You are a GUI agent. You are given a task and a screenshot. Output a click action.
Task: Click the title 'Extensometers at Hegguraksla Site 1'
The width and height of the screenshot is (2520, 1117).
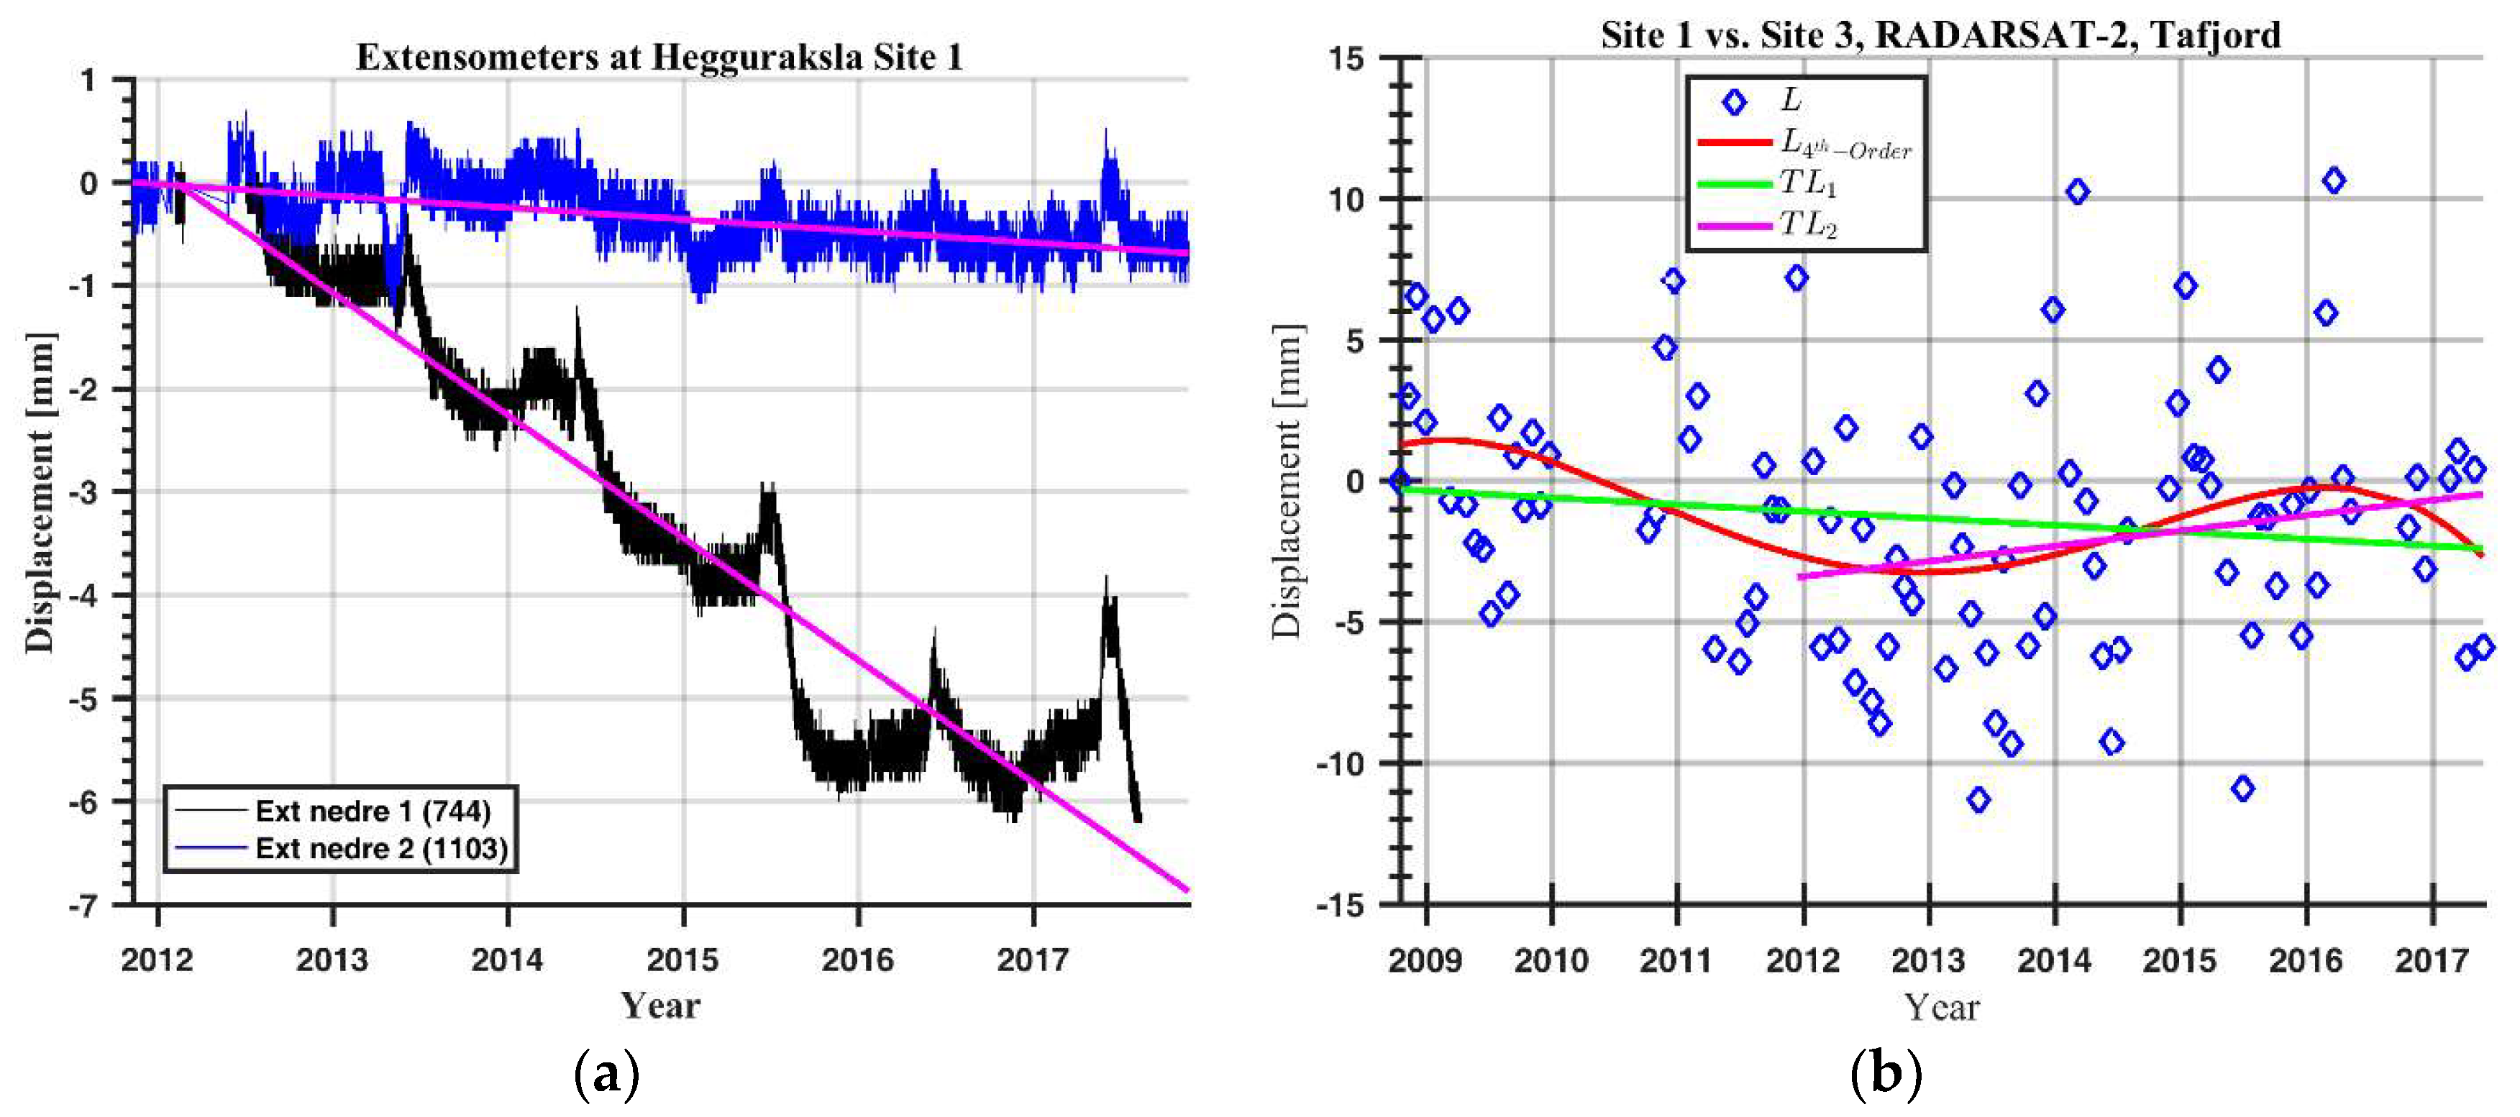click(x=658, y=57)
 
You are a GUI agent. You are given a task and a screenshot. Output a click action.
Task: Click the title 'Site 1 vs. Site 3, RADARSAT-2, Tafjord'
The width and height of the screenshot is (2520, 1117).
click(x=1940, y=35)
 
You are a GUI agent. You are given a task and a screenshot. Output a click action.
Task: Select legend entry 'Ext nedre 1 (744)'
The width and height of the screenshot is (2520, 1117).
click(x=373, y=811)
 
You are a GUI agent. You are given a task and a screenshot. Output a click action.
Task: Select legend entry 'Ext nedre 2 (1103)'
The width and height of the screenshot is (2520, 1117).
click(x=381, y=848)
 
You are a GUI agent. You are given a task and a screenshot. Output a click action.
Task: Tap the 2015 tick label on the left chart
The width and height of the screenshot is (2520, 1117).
click(x=682, y=960)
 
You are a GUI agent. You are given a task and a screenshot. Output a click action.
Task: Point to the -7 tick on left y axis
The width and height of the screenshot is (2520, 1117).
click(x=83, y=905)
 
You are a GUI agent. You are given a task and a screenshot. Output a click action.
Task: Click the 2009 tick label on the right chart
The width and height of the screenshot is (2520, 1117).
click(x=1425, y=960)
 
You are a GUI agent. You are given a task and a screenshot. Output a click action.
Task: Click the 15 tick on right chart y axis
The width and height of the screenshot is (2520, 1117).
click(x=1346, y=59)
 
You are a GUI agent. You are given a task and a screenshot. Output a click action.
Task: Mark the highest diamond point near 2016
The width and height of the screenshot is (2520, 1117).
click(x=2334, y=181)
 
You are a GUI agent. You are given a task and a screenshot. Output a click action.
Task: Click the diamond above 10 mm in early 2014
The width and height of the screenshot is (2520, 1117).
click(x=2077, y=192)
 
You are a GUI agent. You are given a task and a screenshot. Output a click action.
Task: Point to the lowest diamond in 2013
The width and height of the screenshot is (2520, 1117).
click(x=1978, y=800)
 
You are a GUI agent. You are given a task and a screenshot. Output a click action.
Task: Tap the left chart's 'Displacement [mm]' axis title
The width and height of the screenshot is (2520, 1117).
click(x=40, y=492)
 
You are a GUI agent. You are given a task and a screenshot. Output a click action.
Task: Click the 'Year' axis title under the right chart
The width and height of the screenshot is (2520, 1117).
click(x=1941, y=1006)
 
